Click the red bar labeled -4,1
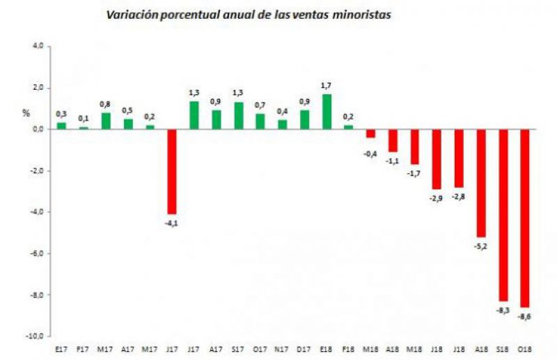click(x=171, y=171)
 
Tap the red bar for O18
click(x=524, y=218)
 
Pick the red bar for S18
click(x=502, y=214)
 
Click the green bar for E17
click(x=61, y=125)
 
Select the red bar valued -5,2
click(x=480, y=182)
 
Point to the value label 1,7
click(x=326, y=86)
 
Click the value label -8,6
click(x=525, y=317)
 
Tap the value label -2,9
click(x=437, y=198)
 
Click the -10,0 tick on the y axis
click(x=35, y=336)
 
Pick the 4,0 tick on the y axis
click(x=38, y=46)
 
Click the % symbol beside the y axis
click(x=26, y=112)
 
